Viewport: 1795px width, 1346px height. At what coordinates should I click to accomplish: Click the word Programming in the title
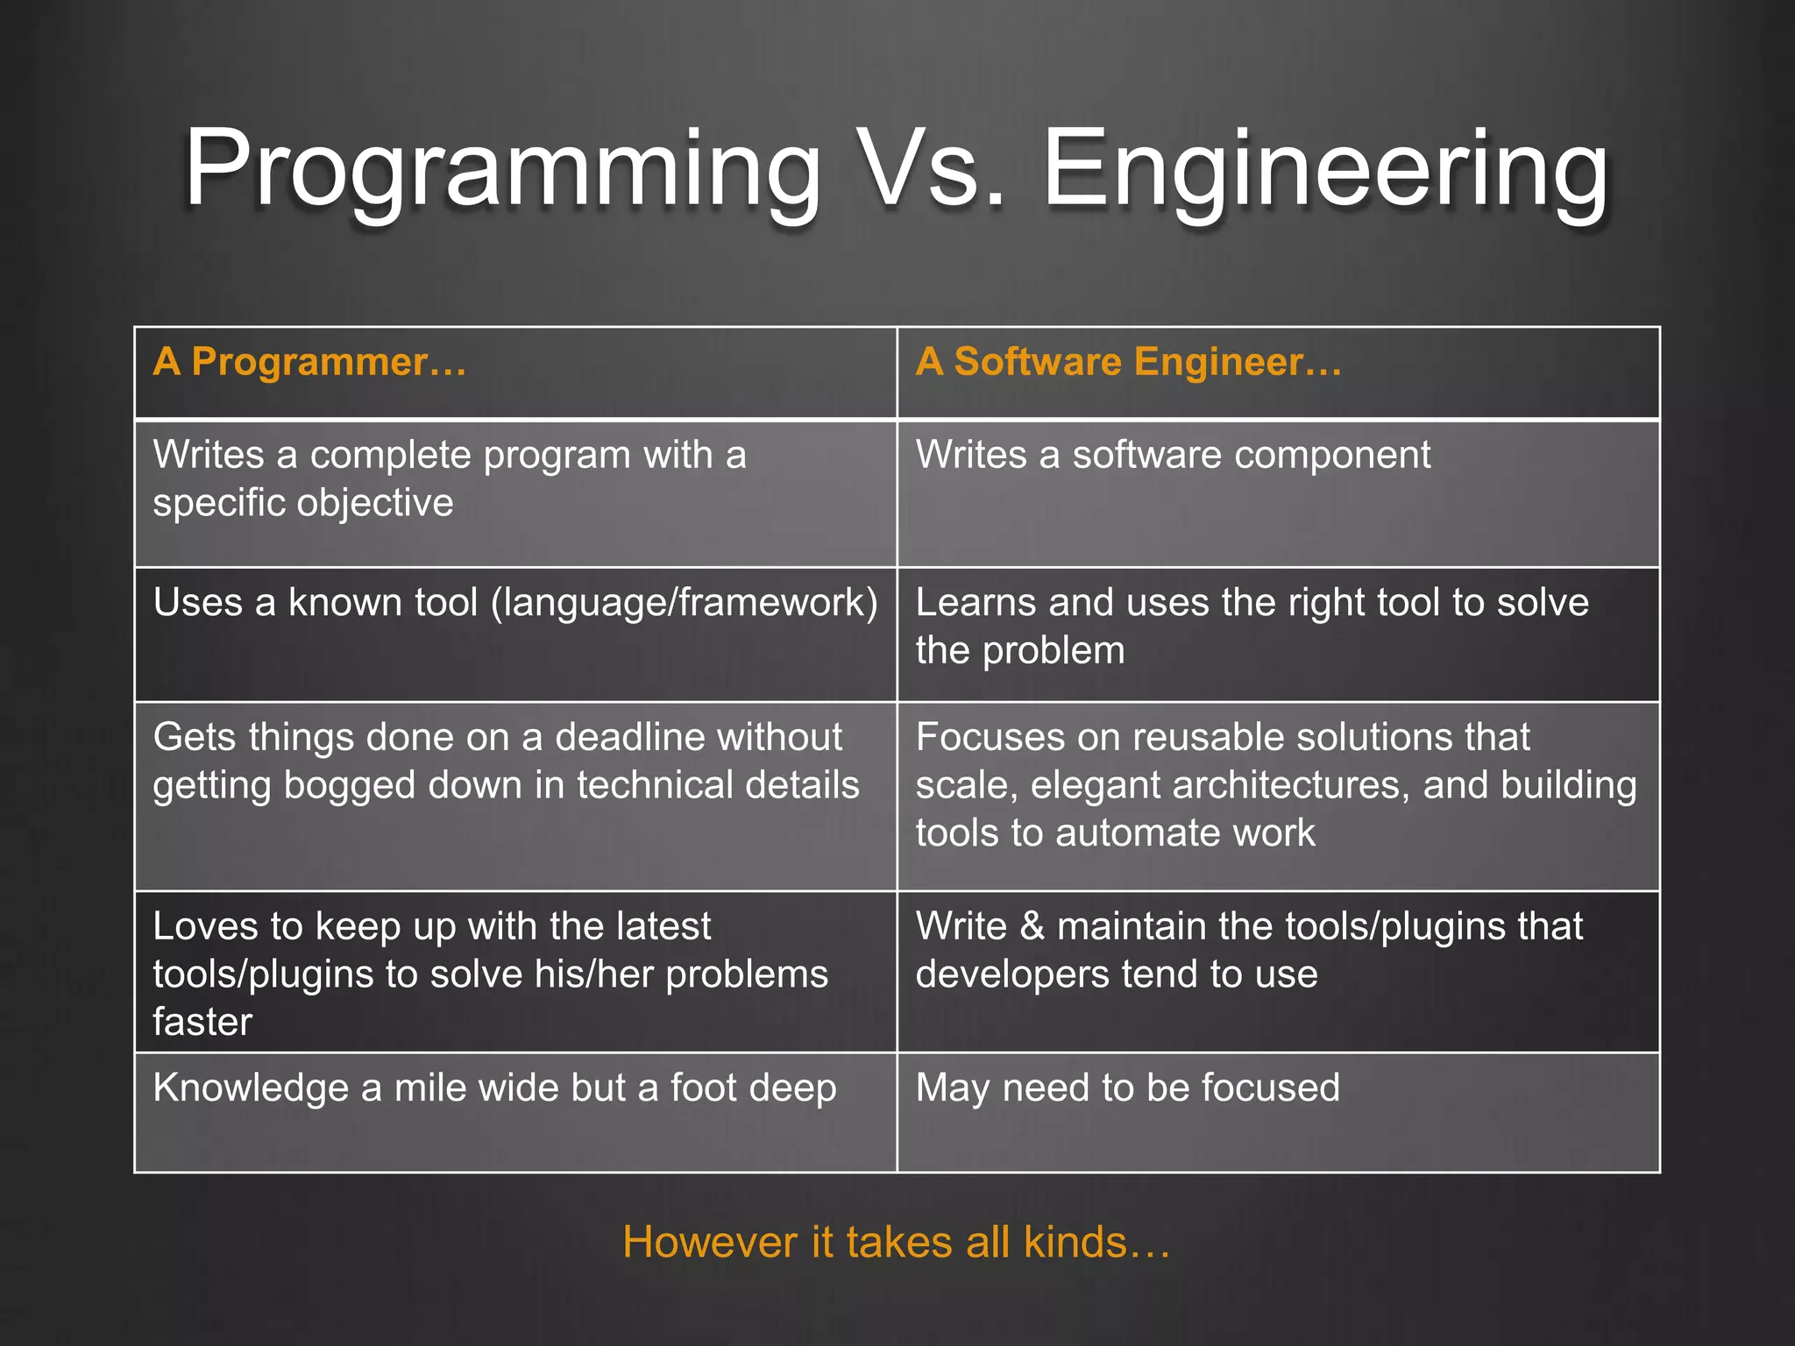501,171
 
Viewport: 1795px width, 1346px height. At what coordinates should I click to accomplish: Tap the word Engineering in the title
1325,171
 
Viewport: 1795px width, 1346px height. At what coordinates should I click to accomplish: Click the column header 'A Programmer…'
309,362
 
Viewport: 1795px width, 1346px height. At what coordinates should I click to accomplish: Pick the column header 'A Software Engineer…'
1128,362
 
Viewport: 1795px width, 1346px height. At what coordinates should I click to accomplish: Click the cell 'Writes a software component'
1173,456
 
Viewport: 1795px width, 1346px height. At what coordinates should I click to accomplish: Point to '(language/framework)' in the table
684,604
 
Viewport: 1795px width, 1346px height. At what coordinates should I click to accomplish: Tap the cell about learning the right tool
1252,627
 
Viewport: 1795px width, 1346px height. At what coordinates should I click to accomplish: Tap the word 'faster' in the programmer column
202,1023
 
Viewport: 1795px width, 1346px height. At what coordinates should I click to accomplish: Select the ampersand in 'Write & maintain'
1032,927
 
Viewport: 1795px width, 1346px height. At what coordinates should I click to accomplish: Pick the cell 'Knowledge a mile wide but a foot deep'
494,1088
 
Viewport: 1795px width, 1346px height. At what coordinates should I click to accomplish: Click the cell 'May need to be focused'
1127,1088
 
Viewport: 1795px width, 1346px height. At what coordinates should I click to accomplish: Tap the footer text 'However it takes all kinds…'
896,1243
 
